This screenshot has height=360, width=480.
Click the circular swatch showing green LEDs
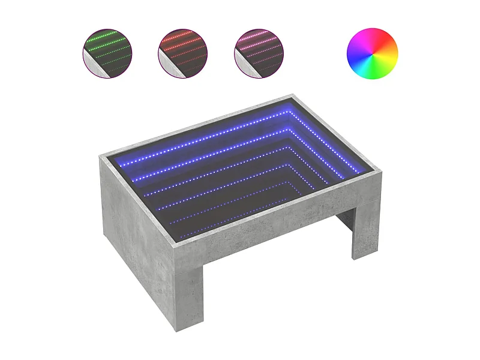(x=107, y=53)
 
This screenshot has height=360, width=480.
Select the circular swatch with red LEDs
(x=183, y=53)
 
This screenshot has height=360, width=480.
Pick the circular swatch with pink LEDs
(x=259, y=53)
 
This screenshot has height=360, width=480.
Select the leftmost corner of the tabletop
(x=101, y=155)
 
